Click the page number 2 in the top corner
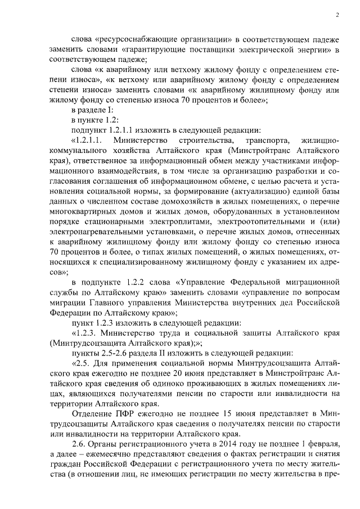click(336, 15)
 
